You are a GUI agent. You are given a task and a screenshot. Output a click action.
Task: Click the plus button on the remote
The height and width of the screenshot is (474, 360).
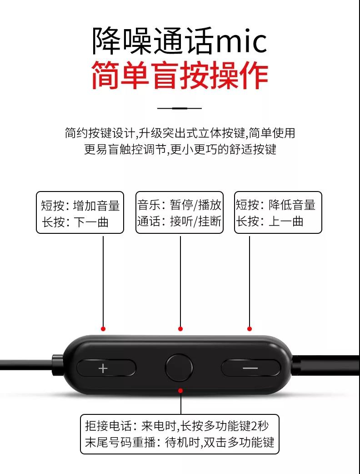coord(106,368)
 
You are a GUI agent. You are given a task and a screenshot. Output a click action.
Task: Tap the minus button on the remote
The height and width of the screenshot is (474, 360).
coord(250,368)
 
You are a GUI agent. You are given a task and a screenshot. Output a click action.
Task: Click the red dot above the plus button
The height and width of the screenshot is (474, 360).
coord(103,328)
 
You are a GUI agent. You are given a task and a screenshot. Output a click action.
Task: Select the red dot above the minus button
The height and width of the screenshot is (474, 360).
coord(250,328)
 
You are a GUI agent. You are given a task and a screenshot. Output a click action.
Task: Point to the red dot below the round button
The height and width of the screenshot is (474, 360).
coord(180,391)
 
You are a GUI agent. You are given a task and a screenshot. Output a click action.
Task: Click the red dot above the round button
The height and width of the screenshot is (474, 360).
coord(180,328)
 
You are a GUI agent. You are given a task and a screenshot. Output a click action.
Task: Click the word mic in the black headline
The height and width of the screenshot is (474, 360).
coord(241,41)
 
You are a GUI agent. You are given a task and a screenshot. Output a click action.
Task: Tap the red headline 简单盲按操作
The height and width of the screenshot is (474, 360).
coord(180,75)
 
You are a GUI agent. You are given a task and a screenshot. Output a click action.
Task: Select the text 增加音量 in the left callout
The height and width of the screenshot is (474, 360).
coord(96,206)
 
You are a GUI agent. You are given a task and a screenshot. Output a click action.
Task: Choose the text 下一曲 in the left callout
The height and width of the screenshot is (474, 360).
coord(90,222)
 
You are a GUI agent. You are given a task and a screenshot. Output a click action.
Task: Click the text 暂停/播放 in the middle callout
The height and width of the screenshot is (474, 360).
coord(195,205)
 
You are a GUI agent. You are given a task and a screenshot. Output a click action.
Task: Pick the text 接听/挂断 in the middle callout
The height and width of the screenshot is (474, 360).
coord(195,221)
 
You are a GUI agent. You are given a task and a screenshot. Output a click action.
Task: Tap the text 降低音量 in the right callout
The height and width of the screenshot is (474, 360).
coord(292,205)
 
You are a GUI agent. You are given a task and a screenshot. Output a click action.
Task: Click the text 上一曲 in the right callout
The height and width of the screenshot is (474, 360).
coord(286,221)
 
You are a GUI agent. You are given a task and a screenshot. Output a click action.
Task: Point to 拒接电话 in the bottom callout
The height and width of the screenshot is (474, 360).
coord(109,426)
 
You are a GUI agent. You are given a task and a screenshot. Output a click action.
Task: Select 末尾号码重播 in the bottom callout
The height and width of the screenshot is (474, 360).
coord(120,442)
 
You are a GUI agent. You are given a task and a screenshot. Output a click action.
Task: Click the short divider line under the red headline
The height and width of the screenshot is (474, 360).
coord(180,108)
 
